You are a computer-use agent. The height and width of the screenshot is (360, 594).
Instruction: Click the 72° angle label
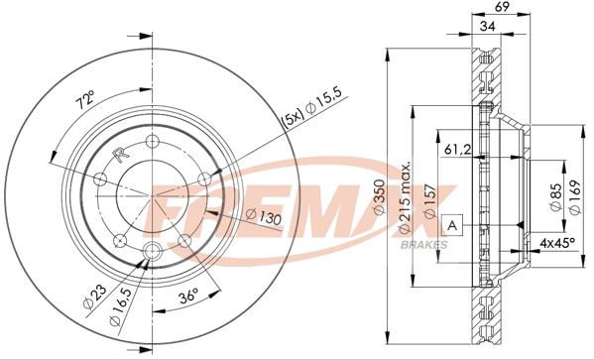click(84, 99)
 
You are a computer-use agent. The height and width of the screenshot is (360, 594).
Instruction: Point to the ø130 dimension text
click(260, 216)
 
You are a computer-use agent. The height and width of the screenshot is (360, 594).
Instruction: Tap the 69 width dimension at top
click(502, 9)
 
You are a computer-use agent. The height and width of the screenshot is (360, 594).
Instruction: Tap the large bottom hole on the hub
click(152, 251)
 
